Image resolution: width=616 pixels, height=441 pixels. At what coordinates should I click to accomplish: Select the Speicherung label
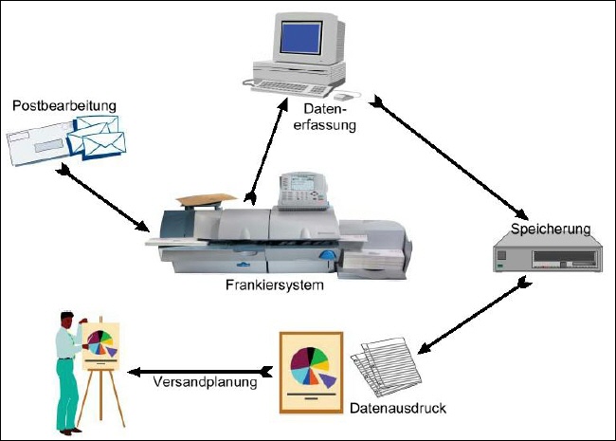[551, 229]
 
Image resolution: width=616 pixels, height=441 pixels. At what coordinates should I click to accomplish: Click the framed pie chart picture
[310, 371]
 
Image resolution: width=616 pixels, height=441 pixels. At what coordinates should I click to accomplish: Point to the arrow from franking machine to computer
[268, 152]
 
